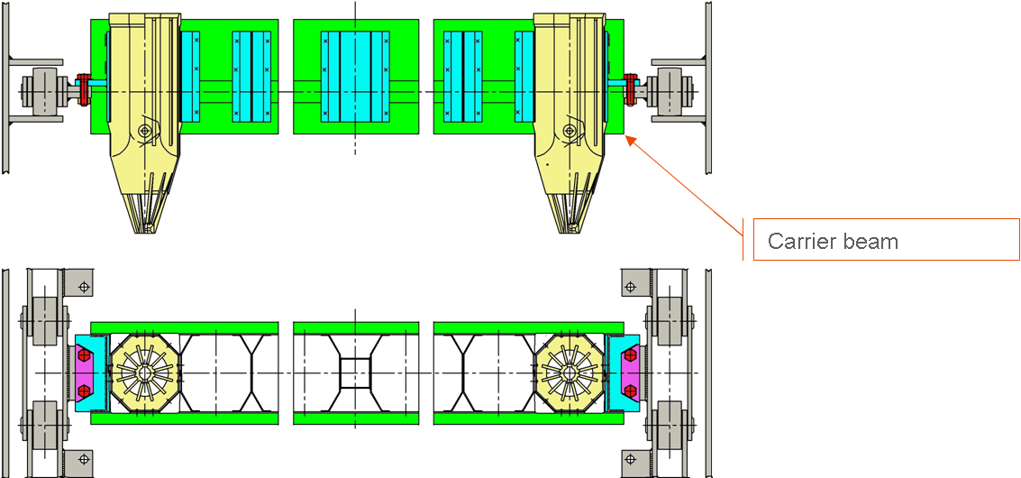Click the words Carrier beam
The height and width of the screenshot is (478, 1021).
click(x=833, y=242)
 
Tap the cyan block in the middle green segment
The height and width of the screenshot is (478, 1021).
click(x=355, y=77)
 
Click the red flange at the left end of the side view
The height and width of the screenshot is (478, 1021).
click(x=83, y=90)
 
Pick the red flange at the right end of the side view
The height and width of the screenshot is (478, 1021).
click(x=630, y=90)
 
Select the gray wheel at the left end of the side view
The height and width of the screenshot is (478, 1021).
click(x=36, y=91)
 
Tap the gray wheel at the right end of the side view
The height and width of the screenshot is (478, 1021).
click(x=675, y=91)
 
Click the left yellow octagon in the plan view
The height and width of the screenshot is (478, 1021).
click(x=144, y=373)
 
